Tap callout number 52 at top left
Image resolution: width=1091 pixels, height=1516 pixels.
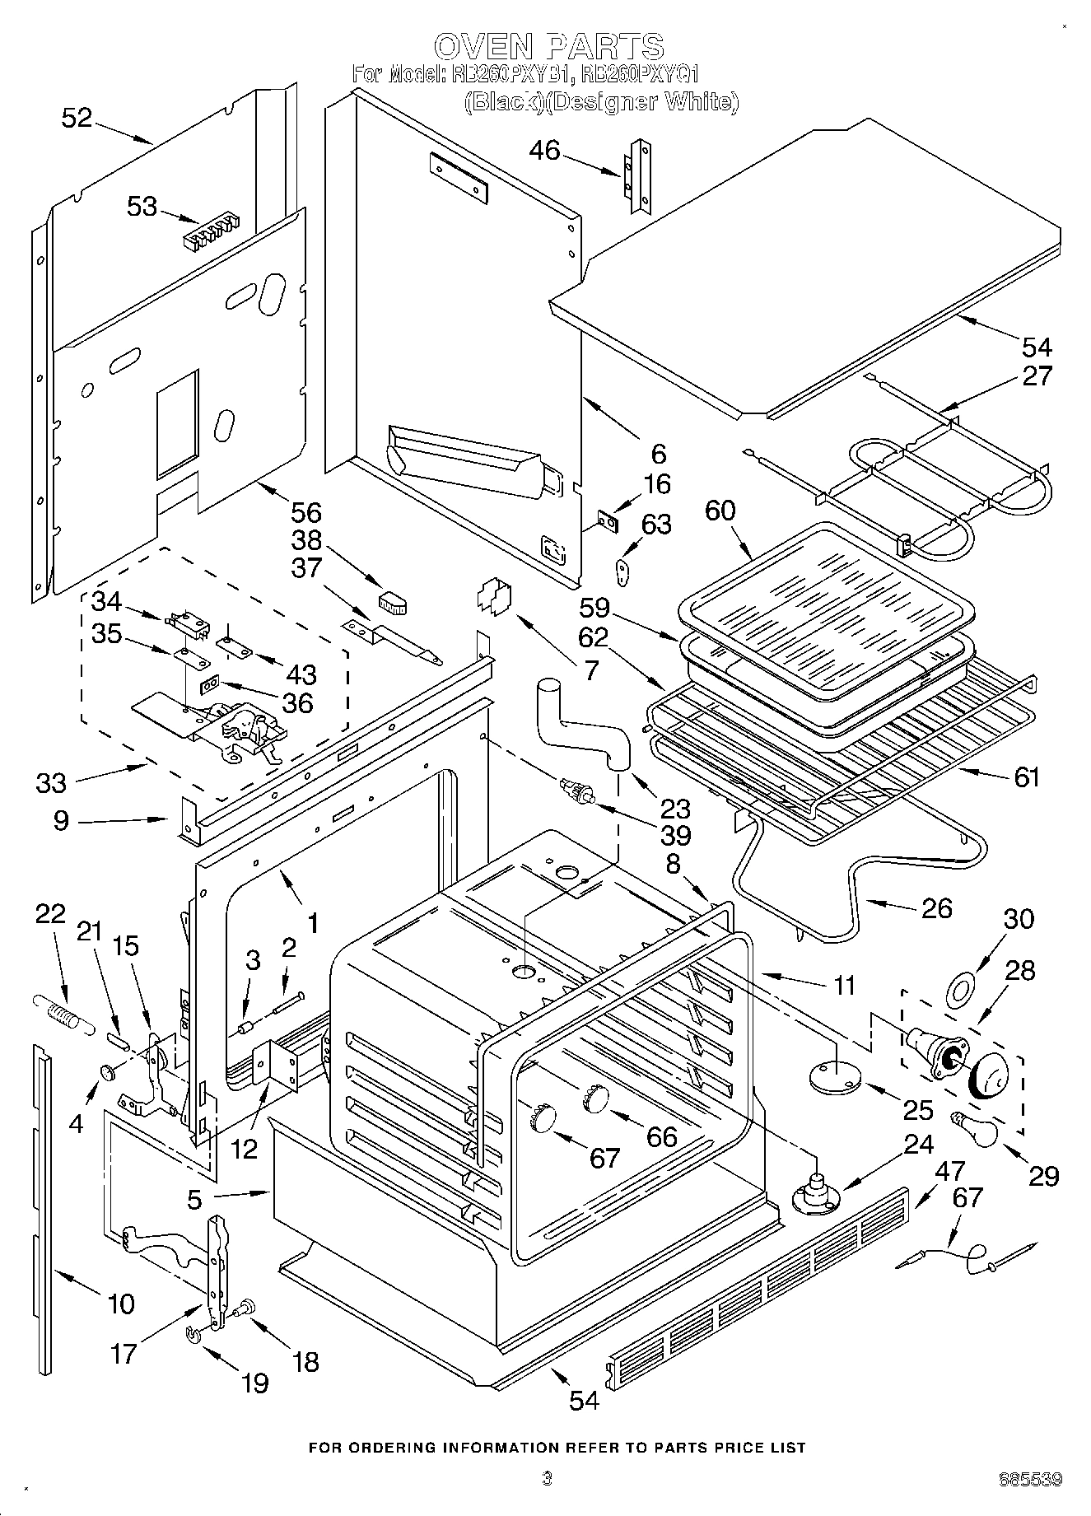77,118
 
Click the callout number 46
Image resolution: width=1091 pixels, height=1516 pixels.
544,150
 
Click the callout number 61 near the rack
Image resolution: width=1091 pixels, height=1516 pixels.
1026,777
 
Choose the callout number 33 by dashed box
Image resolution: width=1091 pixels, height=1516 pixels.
51,781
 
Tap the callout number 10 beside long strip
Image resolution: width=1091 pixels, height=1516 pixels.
120,1304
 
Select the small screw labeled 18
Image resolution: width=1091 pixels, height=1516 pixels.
246,1306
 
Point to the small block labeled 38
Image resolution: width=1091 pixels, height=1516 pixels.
393,603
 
